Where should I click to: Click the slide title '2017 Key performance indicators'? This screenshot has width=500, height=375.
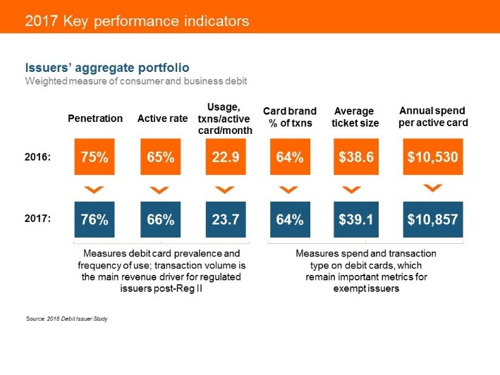[x=137, y=21]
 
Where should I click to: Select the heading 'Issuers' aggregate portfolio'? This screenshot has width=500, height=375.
[x=106, y=68]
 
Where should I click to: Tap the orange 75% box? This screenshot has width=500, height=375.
[x=94, y=156]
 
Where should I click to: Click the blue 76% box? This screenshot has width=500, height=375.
[x=94, y=219]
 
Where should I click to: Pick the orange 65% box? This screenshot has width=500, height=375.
[x=160, y=156]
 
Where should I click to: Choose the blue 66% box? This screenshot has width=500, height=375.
[x=160, y=219]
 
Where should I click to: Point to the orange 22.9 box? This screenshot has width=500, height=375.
[x=224, y=156]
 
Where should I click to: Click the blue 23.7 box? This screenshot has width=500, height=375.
[x=224, y=219]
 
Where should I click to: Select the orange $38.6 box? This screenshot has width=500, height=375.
[x=355, y=156]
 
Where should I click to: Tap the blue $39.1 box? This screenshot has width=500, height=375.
[x=355, y=219]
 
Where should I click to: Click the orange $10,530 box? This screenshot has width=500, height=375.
[x=432, y=156]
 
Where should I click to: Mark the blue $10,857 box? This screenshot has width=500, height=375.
[x=432, y=219]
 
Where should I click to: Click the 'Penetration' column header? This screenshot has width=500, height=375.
[x=94, y=118]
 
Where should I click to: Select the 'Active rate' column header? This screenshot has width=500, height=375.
[x=162, y=118]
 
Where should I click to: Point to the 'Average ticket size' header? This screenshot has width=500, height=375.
[x=355, y=117]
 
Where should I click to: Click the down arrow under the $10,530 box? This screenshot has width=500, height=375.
[x=432, y=187]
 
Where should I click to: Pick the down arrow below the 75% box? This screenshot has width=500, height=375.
[x=94, y=190]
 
